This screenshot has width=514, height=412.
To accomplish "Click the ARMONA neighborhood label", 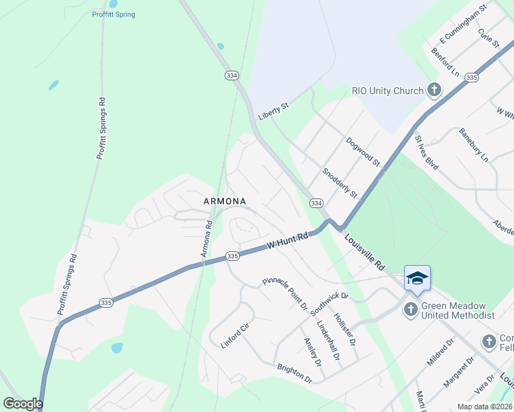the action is [x=225, y=201].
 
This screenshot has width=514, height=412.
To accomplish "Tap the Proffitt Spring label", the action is [x=113, y=14].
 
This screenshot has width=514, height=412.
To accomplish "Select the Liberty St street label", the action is [x=273, y=112].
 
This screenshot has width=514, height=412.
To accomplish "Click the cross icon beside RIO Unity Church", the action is [x=434, y=89].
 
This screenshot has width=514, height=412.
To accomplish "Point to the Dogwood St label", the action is [x=363, y=152].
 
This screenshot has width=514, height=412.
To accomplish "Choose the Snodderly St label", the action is [x=339, y=183].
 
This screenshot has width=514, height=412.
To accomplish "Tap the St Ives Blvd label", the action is [x=426, y=151].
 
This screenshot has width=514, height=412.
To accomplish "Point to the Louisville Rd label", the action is [x=365, y=253].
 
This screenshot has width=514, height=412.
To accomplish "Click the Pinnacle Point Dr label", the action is [x=284, y=293].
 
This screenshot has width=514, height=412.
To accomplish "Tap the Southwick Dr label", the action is [x=330, y=304].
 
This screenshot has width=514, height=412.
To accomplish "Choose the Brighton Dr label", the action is [x=295, y=374].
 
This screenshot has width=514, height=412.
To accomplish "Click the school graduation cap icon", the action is [x=417, y=277].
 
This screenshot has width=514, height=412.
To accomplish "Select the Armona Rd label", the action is [x=206, y=240].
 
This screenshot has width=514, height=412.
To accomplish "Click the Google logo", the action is [x=23, y=404].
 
